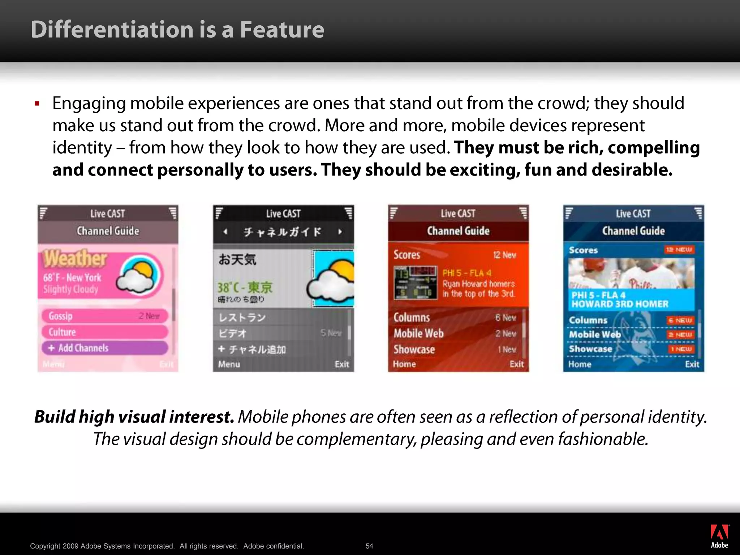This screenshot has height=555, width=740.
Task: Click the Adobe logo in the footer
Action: click(x=719, y=536)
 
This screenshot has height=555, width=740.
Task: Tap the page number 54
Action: click(x=369, y=546)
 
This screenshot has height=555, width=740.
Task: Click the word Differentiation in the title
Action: click(x=112, y=30)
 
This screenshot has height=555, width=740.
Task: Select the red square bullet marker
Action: click(x=37, y=104)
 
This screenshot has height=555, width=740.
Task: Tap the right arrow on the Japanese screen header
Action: click(x=340, y=232)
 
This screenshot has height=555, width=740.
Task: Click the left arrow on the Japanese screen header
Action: click(x=225, y=232)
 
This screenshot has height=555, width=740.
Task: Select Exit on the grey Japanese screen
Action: click(x=342, y=364)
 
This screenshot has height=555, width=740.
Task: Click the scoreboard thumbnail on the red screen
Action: click(x=415, y=283)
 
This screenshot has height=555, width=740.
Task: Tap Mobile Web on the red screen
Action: click(x=418, y=333)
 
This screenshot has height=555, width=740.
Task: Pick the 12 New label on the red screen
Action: click(x=504, y=255)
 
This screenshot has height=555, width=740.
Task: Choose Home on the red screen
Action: click(x=404, y=364)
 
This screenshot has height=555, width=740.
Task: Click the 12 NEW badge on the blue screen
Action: click(x=679, y=250)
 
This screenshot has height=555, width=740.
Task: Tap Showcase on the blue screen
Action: click(x=590, y=349)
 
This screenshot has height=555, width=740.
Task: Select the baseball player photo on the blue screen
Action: click(x=631, y=274)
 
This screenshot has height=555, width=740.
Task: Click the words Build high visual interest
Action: click(x=134, y=417)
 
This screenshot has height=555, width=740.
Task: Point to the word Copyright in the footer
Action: click(x=45, y=546)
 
